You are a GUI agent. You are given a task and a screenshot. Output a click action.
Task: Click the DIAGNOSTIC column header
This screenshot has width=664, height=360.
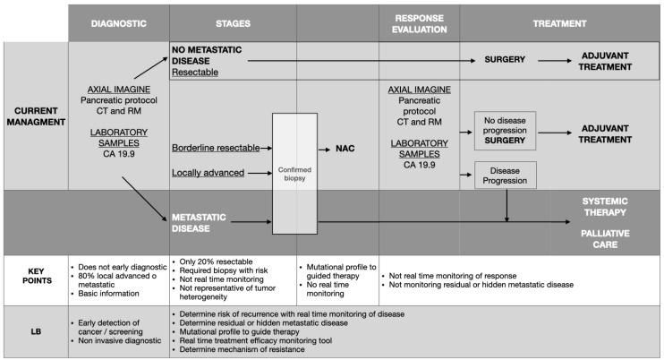[x=118, y=24]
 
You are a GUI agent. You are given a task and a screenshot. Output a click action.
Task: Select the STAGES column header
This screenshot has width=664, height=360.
[x=234, y=24]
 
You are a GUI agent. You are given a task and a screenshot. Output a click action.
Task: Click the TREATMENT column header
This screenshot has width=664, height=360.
[x=561, y=24]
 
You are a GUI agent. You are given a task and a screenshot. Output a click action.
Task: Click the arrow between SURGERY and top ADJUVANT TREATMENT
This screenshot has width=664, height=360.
[x=559, y=61]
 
